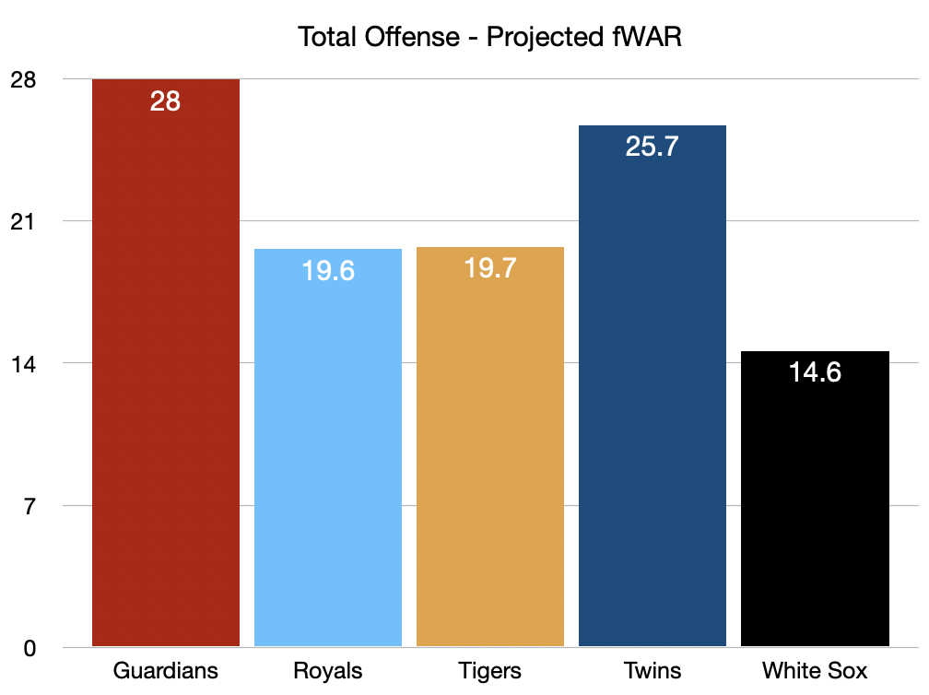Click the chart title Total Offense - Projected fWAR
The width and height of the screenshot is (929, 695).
(488, 38)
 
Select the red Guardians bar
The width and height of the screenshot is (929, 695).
(166, 369)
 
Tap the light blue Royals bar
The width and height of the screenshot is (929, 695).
(328, 452)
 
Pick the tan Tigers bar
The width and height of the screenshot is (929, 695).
(490, 452)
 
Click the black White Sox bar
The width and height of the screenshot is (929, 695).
(815, 507)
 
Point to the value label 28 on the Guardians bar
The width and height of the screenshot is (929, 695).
(166, 101)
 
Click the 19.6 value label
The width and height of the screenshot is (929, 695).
(328, 271)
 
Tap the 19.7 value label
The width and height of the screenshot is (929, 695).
(490, 269)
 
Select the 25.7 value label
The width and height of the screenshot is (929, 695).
(653, 147)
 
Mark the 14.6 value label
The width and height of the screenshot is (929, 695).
(815, 373)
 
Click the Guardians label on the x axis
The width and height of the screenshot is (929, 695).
(166, 670)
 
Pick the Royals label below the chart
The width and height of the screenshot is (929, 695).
(328, 670)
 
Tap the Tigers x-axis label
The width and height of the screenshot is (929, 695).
(490, 670)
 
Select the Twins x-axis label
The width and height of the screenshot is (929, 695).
(653, 670)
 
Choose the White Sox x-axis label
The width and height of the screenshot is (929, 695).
(815, 670)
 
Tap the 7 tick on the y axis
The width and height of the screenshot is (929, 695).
(28, 506)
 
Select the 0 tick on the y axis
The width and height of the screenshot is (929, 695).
(28, 648)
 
